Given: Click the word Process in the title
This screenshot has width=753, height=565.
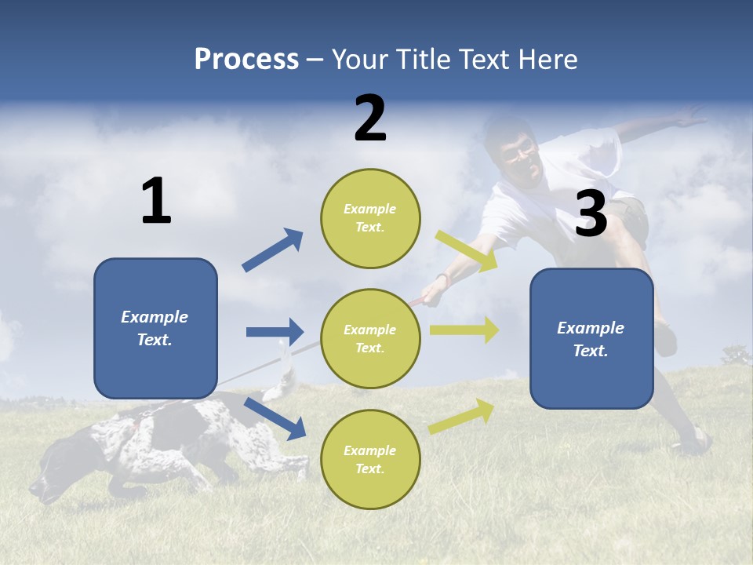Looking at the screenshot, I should click(x=246, y=60).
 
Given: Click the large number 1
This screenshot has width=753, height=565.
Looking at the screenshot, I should click(x=156, y=202).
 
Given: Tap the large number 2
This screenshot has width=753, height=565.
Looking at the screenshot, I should click(x=370, y=118).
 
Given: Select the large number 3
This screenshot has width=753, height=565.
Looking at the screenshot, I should click(x=591, y=214).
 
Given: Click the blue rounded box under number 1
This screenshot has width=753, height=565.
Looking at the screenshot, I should click(x=155, y=328).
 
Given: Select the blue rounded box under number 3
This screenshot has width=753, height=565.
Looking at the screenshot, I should click(x=591, y=339).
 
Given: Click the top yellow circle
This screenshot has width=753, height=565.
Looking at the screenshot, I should click(x=370, y=218).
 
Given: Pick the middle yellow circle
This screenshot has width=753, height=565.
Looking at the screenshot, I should click(x=370, y=339).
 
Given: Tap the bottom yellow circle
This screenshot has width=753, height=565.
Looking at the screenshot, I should click(x=370, y=459).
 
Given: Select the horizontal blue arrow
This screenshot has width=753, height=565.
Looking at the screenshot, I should click(x=275, y=332).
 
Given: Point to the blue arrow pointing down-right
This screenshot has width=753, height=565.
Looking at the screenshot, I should click(x=275, y=418).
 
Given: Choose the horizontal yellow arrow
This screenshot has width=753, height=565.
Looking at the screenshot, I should click(x=464, y=330).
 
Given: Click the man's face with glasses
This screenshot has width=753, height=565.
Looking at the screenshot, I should click(x=518, y=155).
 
